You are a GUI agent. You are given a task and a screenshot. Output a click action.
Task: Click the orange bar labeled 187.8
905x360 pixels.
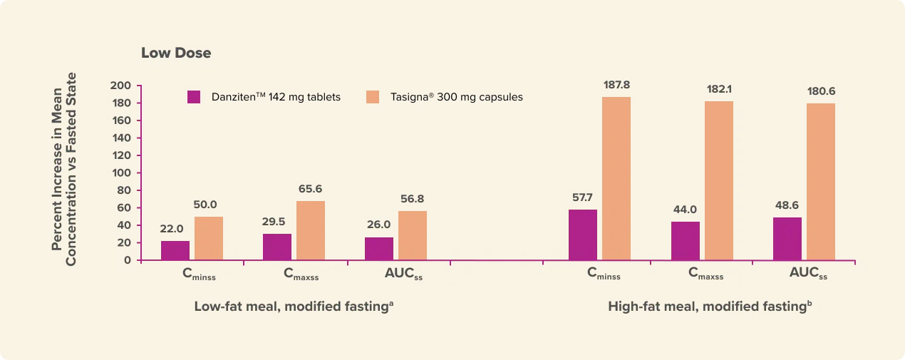pyautogui.click(x=616, y=178)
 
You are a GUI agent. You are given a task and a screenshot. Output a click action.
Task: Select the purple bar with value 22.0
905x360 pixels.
pyautogui.click(x=175, y=250)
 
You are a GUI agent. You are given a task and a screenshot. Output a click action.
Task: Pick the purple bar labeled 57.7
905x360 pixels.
pyautogui.click(x=583, y=235)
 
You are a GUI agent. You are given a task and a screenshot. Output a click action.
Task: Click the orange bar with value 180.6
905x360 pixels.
pyautogui.click(x=821, y=181)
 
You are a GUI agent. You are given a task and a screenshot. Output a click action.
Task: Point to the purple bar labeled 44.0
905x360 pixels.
pyautogui.click(x=685, y=240)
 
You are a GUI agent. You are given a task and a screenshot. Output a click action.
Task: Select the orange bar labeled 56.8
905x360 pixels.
pyautogui.click(x=413, y=235)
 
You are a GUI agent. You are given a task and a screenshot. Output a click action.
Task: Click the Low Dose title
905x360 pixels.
pyautogui.click(x=176, y=53)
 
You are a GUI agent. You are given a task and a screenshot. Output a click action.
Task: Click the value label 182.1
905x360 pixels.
pyautogui.click(x=718, y=90)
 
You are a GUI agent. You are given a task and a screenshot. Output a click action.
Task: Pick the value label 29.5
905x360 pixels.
pyautogui.click(x=276, y=222)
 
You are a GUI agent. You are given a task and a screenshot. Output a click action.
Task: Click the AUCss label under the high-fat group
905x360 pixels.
pyautogui.click(x=808, y=273)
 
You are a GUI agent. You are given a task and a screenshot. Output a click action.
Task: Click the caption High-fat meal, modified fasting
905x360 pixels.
pyautogui.click(x=710, y=307)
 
